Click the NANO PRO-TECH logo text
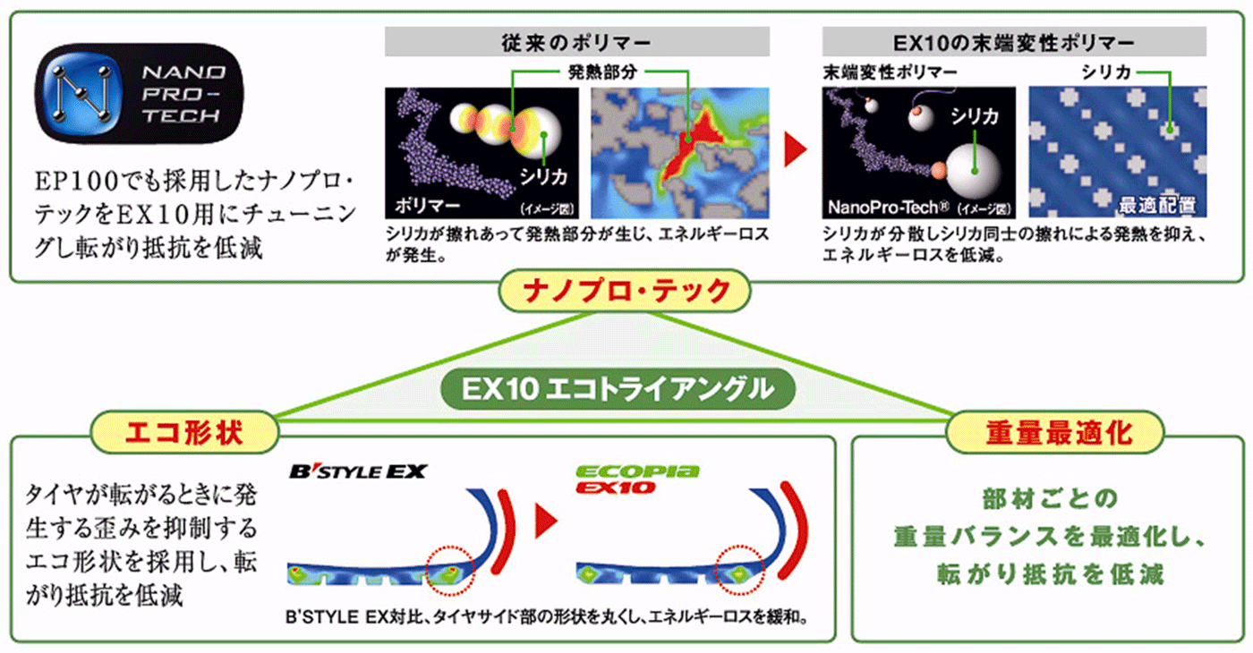click(x=183, y=93)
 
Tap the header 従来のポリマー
click(x=576, y=43)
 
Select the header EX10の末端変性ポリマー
click(x=1013, y=43)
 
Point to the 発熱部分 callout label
click(x=602, y=72)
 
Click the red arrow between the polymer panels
click(x=796, y=149)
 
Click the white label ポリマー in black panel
click(x=428, y=205)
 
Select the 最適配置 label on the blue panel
click(x=1156, y=205)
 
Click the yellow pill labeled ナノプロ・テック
click(x=625, y=291)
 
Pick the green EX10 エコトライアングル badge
click(x=618, y=388)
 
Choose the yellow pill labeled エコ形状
click(x=184, y=432)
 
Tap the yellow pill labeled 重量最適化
click(x=1055, y=432)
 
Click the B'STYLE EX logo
click(x=358, y=471)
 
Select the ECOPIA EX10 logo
click(x=637, y=479)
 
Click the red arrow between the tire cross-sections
click(x=546, y=521)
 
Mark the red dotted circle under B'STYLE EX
click(x=450, y=571)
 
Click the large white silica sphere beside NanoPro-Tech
click(x=974, y=171)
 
